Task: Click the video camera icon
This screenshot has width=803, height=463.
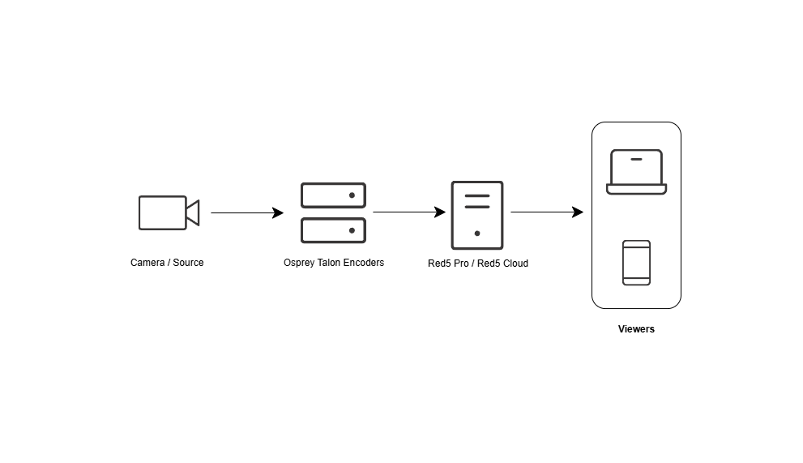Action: (168, 212)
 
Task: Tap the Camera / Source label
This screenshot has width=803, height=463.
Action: (167, 263)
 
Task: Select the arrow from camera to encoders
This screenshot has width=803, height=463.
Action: (246, 213)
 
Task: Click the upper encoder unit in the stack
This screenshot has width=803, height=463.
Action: (333, 195)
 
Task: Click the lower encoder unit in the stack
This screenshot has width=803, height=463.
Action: (333, 230)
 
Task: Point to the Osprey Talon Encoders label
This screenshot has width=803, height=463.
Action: (334, 263)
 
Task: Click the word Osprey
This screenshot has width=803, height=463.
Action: (299, 263)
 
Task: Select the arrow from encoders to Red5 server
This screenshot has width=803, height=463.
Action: (408, 213)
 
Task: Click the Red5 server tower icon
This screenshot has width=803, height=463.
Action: (476, 215)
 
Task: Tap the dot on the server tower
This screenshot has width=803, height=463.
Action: (476, 234)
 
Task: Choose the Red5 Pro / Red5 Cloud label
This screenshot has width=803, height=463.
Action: (478, 264)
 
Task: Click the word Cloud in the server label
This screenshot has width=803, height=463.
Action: (515, 264)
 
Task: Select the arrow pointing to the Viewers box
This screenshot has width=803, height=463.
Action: (546, 212)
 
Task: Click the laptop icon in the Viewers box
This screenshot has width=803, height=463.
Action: (636, 172)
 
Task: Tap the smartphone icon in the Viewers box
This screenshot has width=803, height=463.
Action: (636, 263)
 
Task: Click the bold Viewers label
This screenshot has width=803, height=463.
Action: (636, 329)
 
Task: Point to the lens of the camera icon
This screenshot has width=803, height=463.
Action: (193, 212)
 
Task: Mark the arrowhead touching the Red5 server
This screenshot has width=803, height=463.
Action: (440, 213)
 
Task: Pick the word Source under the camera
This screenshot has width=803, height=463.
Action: (189, 263)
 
